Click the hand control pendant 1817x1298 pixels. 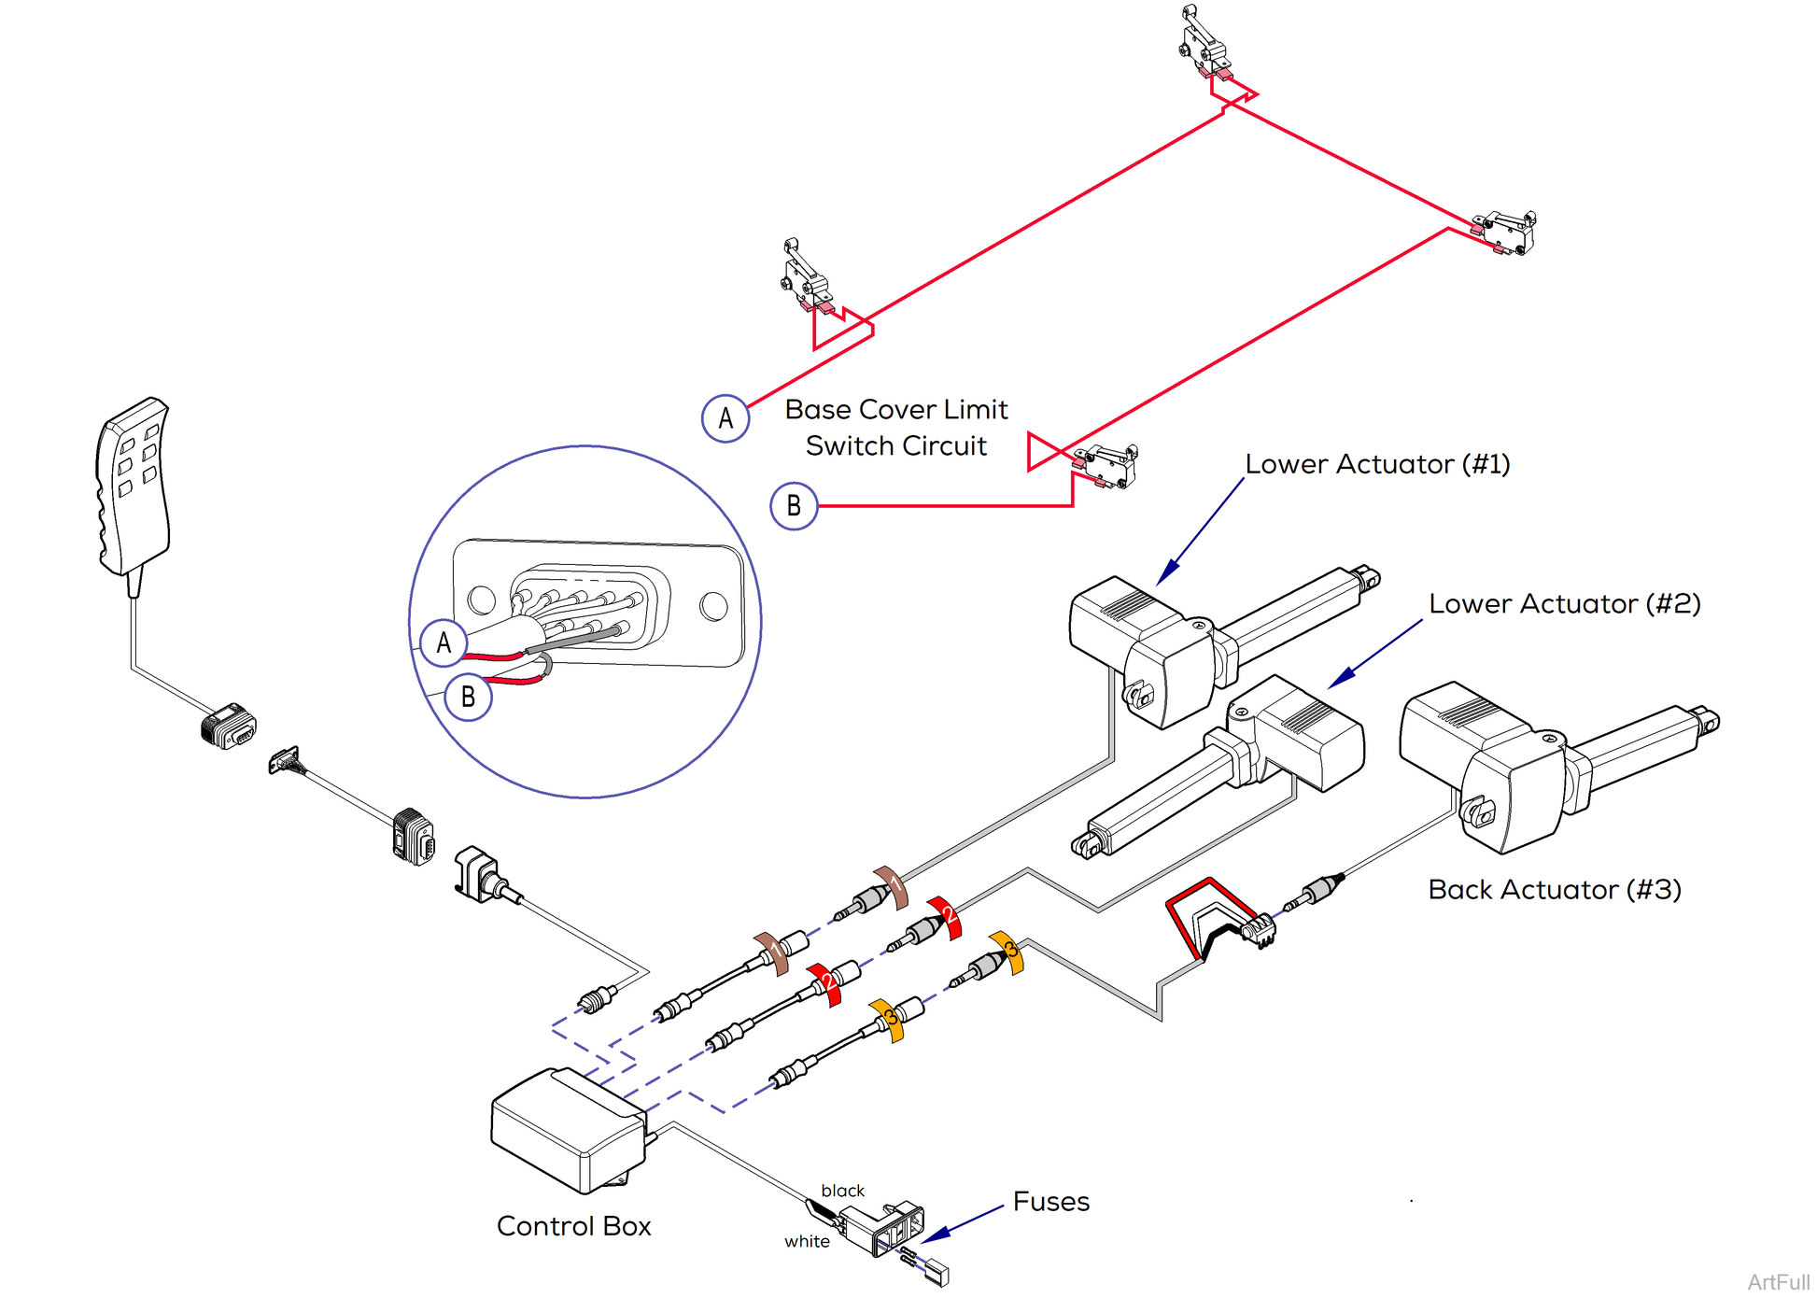click(x=133, y=486)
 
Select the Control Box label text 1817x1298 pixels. click(x=573, y=1226)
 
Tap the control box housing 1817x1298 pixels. click(x=565, y=1130)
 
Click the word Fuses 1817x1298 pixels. click(x=1050, y=1202)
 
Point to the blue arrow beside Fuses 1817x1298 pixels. click(x=962, y=1223)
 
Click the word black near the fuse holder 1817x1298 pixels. click(x=842, y=1191)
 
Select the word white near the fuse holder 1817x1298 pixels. click(x=807, y=1241)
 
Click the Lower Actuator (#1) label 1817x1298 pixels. click(x=1377, y=464)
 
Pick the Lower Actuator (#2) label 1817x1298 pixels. click(x=1564, y=604)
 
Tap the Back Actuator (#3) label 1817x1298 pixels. click(x=1554, y=890)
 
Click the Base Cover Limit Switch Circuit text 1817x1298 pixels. click(x=895, y=428)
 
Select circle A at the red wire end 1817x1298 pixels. click(x=725, y=418)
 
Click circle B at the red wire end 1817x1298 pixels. click(x=794, y=506)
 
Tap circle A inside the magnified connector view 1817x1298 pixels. click(x=444, y=642)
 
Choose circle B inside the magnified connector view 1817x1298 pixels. click(x=468, y=697)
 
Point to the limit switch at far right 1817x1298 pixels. click(x=1505, y=232)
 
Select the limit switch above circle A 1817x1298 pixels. click(x=804, y=276)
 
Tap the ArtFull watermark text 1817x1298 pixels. click(x=1778, y=1282)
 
